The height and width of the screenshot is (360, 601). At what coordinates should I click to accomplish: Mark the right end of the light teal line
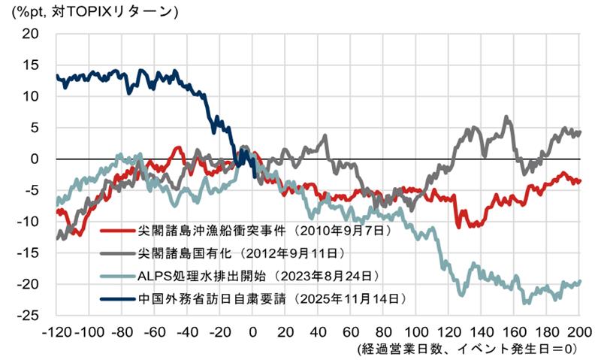(580, 281)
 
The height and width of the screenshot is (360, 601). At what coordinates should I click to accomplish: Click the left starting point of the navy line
(57, 76)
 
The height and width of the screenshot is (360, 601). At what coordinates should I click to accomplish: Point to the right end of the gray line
(580, 132)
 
